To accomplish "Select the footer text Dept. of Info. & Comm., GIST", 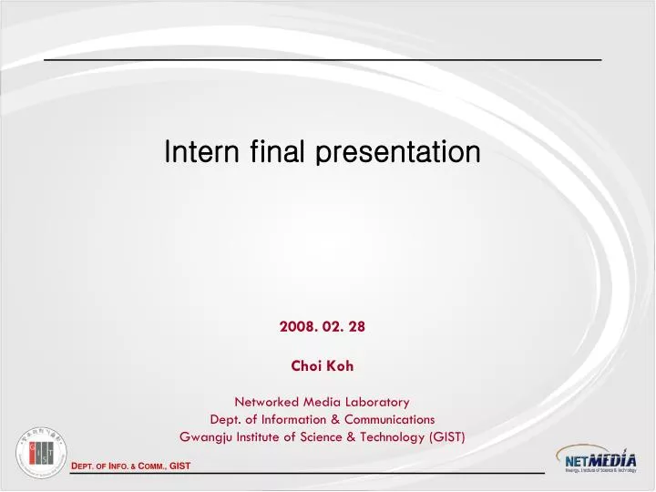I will [130, 467].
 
